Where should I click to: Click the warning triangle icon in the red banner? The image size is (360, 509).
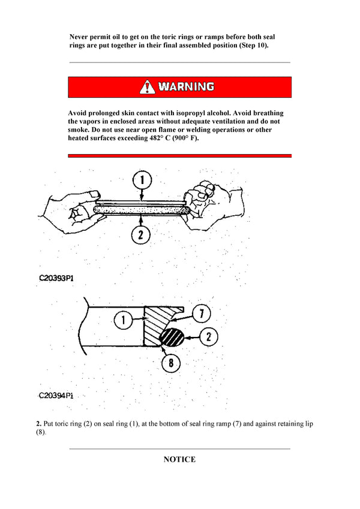[x=147, y=87]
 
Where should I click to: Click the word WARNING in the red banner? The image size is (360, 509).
[x=186, y=87]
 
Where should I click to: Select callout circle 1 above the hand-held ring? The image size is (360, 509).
[x=142, y=179]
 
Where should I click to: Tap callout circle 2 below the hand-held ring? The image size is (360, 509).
[x=140, y=235]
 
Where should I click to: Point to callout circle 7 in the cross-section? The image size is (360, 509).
[x=201, y=312]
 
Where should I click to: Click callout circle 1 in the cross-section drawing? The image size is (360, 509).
[x=122, y=321]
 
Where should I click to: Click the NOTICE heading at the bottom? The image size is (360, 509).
[x=179, y=460]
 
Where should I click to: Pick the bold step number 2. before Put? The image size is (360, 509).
[x=39, y=424]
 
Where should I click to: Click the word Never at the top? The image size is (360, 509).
[x=80, y=37]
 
